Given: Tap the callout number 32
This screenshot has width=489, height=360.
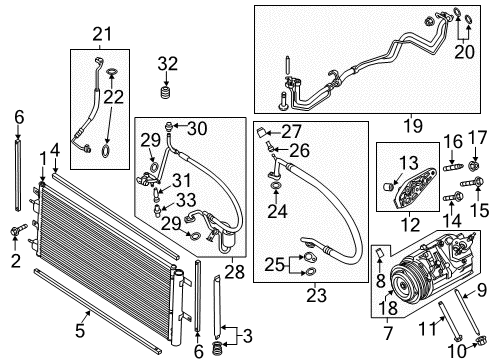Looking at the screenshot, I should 167,65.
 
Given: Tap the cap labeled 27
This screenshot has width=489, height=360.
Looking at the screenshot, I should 260,133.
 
